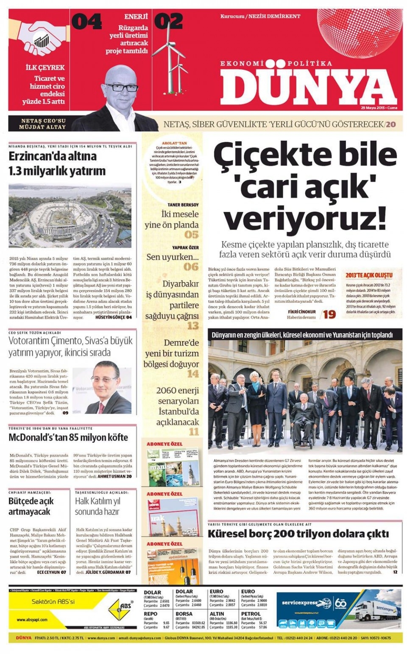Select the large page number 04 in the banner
coord(86,22)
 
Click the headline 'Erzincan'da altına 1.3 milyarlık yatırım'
coord(57,163)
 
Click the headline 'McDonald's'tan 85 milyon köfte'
coord(68,438)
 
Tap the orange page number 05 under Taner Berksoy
coord(191,235)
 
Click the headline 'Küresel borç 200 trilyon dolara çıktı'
coord(298,534)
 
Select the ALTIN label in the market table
coord(217,614)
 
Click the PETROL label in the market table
coord(251,614)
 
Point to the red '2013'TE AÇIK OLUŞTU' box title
coord(368,275)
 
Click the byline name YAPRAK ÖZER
coord(185,248)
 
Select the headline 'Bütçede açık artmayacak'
coord(31,506)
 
